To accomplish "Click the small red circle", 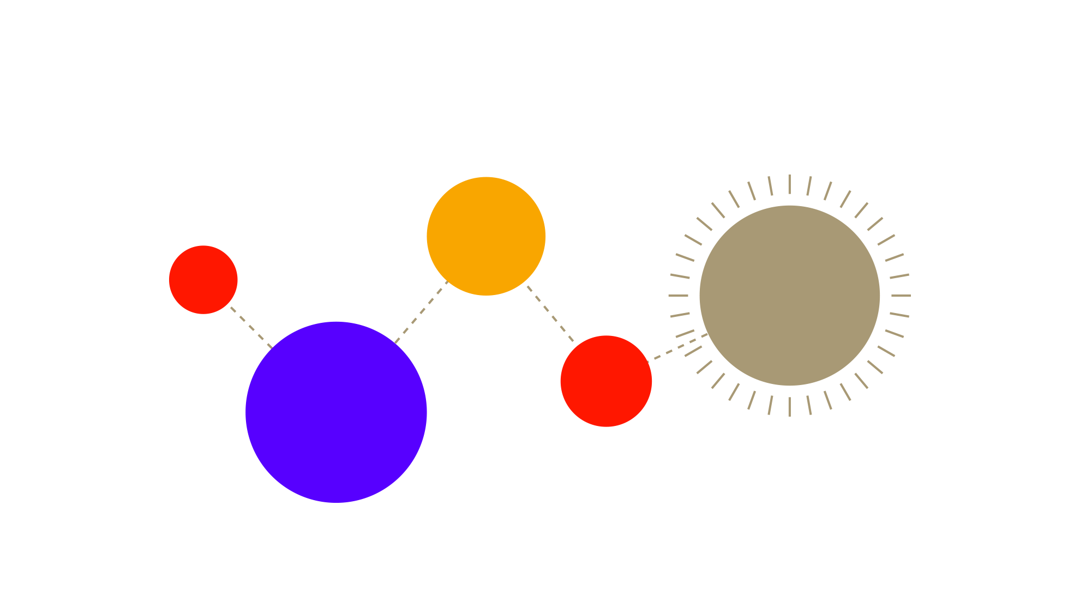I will (203, 280).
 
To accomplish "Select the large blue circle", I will (336, 412).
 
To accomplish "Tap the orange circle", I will (486, 236).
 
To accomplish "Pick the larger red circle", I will (606, 381).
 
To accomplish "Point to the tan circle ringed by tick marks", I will (789, 295).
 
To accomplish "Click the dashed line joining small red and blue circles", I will (251, 327).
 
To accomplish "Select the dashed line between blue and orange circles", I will (421, 312).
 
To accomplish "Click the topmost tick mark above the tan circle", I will (789, 184).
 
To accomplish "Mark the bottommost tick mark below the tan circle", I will (789, 406).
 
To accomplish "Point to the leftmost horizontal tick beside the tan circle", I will (678, 295).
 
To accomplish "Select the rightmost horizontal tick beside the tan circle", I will (901, 295).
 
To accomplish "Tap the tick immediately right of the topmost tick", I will (809, 186).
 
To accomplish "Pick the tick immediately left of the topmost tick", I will (770, 186).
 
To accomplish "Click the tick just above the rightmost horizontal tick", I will (899, 276).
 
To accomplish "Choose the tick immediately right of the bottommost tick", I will (809, 405).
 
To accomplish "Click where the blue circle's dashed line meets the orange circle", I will (447, 281).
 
